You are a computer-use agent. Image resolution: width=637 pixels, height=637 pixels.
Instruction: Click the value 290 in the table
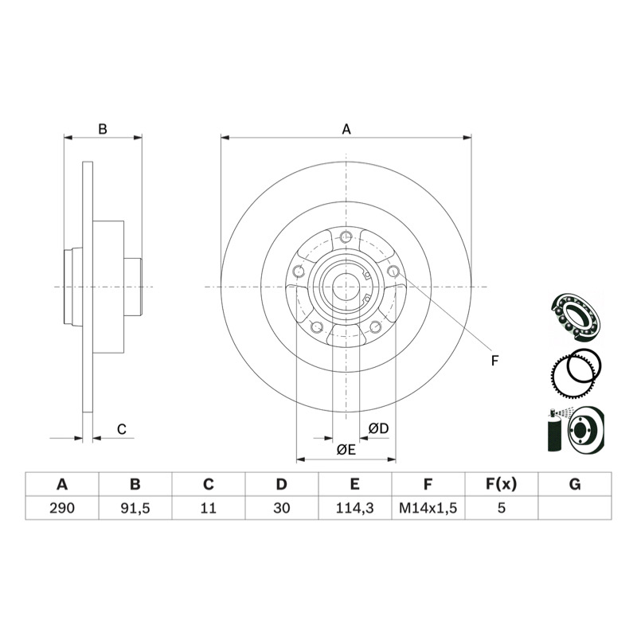pos(62,508)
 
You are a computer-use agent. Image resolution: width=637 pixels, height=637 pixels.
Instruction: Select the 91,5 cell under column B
pos(135,508)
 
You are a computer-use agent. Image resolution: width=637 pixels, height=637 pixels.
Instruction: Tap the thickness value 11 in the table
pos(208,508)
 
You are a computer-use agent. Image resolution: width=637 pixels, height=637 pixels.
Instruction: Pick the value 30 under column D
pos(282,508)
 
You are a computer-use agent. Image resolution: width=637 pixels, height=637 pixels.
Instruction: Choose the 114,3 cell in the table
pos(354,508)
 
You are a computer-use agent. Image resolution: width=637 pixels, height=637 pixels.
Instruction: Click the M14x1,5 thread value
pos(428,508)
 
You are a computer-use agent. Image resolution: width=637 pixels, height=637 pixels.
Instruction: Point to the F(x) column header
pos(502,484)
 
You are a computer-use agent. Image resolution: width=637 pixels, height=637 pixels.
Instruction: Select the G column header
pos(575,484)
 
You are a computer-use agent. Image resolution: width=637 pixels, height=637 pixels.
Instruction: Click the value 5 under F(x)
pos(502,508)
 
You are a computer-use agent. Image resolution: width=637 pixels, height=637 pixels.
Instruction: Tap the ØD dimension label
pos(378,428)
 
